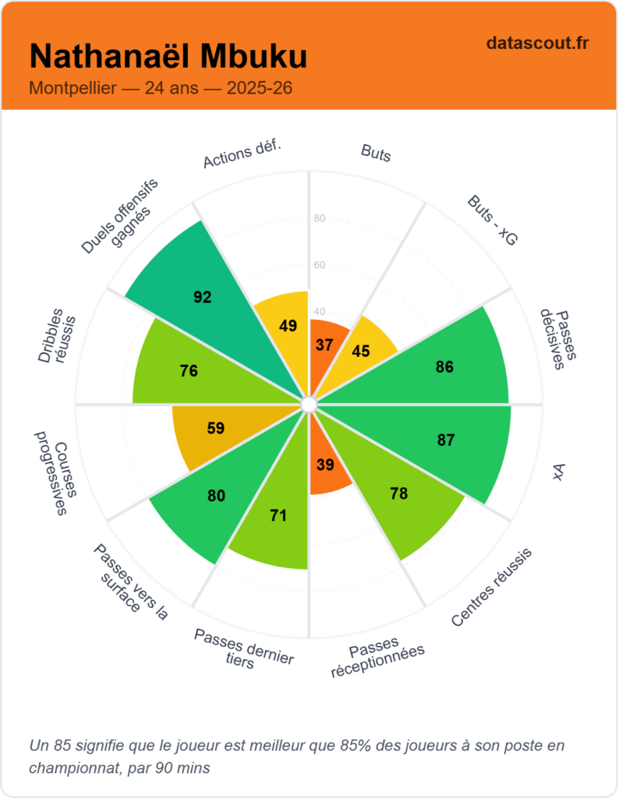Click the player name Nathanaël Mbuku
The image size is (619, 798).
coord(168,57)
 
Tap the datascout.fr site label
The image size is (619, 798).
coord(537,44)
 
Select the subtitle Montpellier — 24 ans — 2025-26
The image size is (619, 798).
coord(161,88)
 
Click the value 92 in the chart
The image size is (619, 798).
coord(203,297)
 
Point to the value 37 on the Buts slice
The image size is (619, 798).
coord(324,344)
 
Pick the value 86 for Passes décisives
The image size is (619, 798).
coord(444,367)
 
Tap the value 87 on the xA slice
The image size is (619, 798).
coord(446,440)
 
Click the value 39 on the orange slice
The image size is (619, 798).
coord(325,465)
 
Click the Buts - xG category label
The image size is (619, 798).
coord(492,221)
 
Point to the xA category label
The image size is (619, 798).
coord(558,471)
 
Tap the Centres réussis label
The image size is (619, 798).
coord(492,588)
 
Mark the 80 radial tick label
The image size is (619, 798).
coord(319,218)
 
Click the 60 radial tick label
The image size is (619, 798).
coord(319,265)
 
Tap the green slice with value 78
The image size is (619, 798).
coord(405,507)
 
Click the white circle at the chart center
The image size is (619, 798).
coord(309,404)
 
